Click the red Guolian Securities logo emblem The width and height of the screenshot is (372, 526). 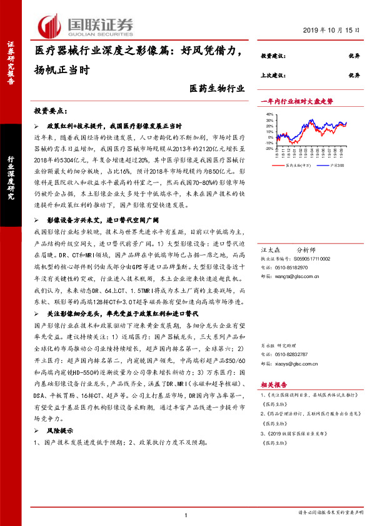pyautogui.click(x=51, y=25)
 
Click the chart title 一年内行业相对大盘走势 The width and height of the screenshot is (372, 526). pyautogui.click(x=296, y=101)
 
